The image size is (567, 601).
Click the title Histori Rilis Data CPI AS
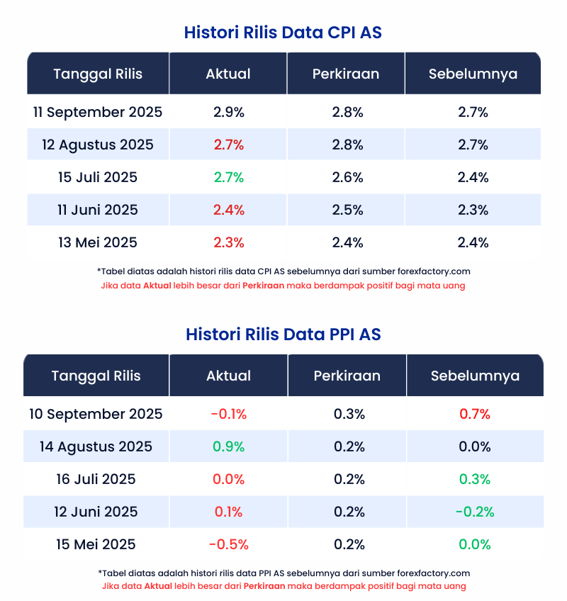tap(283, 33)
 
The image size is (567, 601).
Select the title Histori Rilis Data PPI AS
tap(283, 334)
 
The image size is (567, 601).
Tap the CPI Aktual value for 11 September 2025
tap(228, 112)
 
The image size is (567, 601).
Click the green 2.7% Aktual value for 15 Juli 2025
tap(228, 177)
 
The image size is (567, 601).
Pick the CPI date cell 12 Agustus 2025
tap(98, 145)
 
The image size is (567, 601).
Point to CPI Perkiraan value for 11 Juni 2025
tap(347, 210)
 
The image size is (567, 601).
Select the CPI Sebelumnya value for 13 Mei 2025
tap(473, 242)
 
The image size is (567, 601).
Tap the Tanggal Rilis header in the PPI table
tap(96, 376)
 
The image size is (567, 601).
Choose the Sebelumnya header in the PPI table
tap(475, 376)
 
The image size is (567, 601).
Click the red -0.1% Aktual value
tap(228, 414)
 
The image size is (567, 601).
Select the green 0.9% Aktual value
tap(228, 446)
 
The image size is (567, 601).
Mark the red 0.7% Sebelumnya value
tap(475, 414)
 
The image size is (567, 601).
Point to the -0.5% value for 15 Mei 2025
tap(228, 544)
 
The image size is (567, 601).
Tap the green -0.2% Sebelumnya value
tap(475, 512)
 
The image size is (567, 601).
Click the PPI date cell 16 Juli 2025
tap(96, 479)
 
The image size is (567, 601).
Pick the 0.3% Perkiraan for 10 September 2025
tap(349, 414)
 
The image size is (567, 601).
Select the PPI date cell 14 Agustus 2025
tap(96, 446)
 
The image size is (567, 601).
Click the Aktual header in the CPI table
tap(228, 74)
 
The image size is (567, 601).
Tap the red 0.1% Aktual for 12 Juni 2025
tap(228, 512)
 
